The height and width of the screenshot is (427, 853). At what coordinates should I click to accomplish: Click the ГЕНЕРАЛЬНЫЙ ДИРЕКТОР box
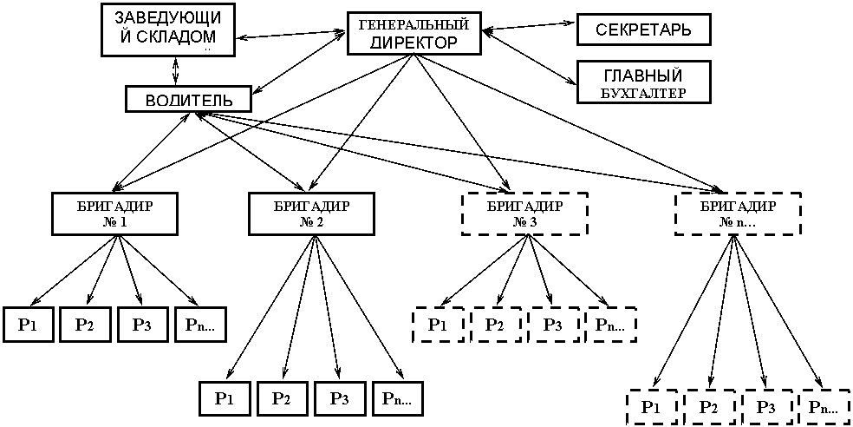point(413,33)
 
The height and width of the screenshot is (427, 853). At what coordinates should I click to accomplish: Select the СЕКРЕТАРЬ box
point(643,30)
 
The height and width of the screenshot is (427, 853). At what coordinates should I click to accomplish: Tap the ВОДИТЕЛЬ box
point(188,100)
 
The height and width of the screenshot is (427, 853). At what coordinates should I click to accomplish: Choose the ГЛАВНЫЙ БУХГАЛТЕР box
point(643,83)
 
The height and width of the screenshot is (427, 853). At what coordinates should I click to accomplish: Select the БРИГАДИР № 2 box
point(311,213)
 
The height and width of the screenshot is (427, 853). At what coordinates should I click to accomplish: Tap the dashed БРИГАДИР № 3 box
point(524,213)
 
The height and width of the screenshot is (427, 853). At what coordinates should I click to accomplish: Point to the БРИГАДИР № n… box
point(738,213)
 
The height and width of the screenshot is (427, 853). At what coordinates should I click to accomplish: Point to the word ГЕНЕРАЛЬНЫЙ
point(413,25)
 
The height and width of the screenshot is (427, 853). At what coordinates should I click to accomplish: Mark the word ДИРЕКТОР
point(413,43)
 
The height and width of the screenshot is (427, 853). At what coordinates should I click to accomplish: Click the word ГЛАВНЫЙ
point(643,76)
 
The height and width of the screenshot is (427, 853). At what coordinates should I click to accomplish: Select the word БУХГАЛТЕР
point(643,93)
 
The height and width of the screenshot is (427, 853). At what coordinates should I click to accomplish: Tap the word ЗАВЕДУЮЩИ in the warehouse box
point(167,18)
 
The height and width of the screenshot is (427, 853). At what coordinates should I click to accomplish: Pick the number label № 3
point(524,222)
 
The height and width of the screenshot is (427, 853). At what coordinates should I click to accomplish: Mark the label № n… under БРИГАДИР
point(738,222)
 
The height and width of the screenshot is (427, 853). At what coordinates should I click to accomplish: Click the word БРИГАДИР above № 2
point(311,206)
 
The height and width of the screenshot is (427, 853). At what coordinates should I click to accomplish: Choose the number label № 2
point(311,222)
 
